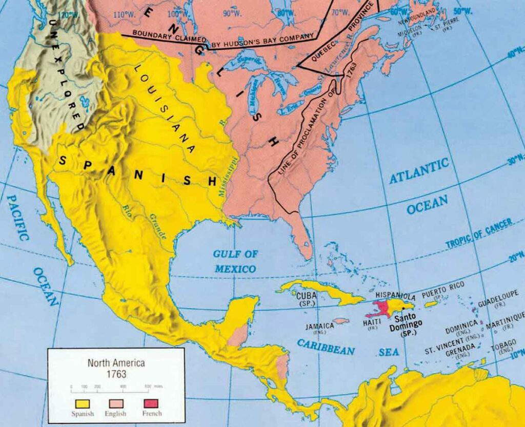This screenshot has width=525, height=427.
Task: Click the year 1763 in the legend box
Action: point(115,374)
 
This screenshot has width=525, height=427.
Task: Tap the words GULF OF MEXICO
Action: point(235,261)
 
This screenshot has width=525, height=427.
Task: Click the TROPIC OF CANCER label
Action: point(478,234)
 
